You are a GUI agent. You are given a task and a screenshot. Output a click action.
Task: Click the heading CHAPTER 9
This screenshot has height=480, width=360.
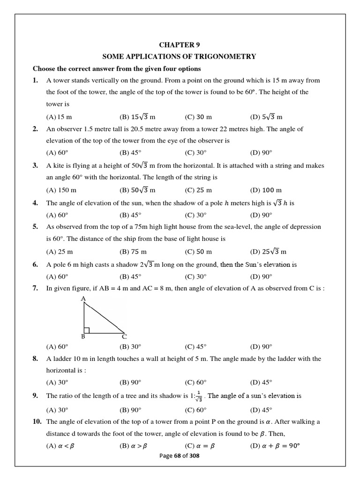(x=180, y=45)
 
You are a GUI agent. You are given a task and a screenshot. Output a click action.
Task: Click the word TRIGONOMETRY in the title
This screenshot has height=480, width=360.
(x=225, y=57)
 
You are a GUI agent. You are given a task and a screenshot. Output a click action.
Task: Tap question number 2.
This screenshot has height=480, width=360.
(x=35, y=129)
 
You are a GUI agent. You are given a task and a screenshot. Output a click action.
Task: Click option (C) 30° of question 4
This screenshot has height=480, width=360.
(x=195, y=215)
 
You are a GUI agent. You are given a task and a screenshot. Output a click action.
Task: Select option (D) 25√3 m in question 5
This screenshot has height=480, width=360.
(x=268, y=252)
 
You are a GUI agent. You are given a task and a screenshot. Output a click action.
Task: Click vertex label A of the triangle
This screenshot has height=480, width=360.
(x=83, y=299)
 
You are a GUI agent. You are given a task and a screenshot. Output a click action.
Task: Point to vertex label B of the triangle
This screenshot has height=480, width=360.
(x=83, y=337)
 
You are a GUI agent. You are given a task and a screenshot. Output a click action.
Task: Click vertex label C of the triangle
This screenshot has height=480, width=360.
(x=124, y=337)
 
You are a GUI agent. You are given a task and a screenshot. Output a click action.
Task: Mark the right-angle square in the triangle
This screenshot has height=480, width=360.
(x=87, y=330)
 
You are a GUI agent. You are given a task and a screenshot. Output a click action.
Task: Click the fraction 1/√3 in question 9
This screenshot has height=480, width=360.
(x=199, y=396)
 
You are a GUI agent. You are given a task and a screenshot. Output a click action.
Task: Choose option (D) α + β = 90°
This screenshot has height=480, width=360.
(x=275, y=446)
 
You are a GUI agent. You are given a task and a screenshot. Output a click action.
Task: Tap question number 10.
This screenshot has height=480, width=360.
(x=37, y=422)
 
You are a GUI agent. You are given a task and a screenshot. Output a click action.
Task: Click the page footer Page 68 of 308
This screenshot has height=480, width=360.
(x=180, y=456)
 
